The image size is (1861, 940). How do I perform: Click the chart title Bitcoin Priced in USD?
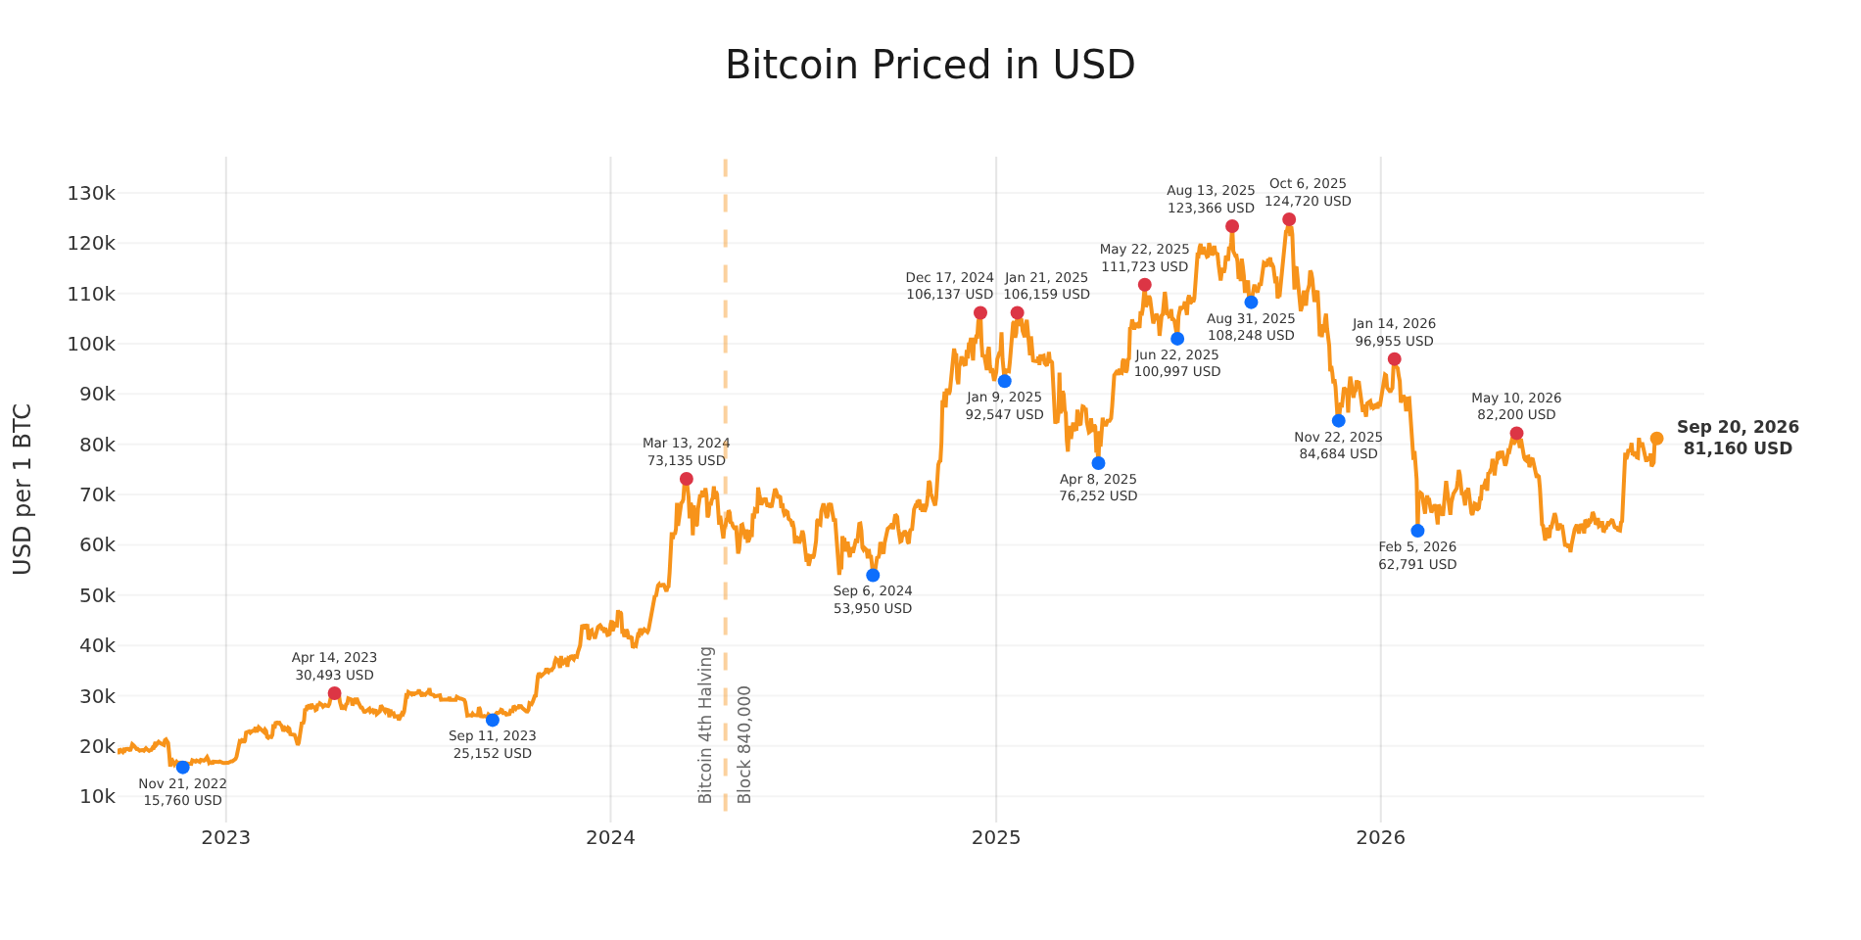tap(930, 66)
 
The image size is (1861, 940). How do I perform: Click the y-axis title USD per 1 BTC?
tap(23, 489)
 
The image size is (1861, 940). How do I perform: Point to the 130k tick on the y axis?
tap(91, 193)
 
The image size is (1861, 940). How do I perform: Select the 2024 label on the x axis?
tap(610, 837)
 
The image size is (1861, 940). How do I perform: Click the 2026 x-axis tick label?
tap(1380, 837)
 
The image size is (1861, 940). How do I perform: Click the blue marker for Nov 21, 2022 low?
tap(182, 767)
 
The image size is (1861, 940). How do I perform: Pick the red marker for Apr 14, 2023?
tap(334, 693)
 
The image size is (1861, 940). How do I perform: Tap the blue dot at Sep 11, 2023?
tap(493, 720)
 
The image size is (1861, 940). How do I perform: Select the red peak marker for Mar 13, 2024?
tap(686, 479)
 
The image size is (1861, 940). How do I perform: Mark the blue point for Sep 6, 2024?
tap(873, 575)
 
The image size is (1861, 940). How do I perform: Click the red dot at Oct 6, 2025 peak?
tap(1289, 219)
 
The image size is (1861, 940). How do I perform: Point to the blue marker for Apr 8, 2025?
tap(1098, 463)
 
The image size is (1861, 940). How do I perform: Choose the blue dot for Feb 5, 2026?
tap(1417, 531)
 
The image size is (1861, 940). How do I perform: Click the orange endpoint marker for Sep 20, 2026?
tap(1656, 439)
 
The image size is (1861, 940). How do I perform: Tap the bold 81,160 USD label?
tap(1738, 449)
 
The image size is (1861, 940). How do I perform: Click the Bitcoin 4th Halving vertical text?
tap(706, 725)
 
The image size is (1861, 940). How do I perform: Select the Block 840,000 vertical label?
tap(744, 745)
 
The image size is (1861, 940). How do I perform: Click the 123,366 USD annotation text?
tap(1211, 209)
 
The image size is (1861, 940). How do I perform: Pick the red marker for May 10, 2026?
tap(1516, 434)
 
